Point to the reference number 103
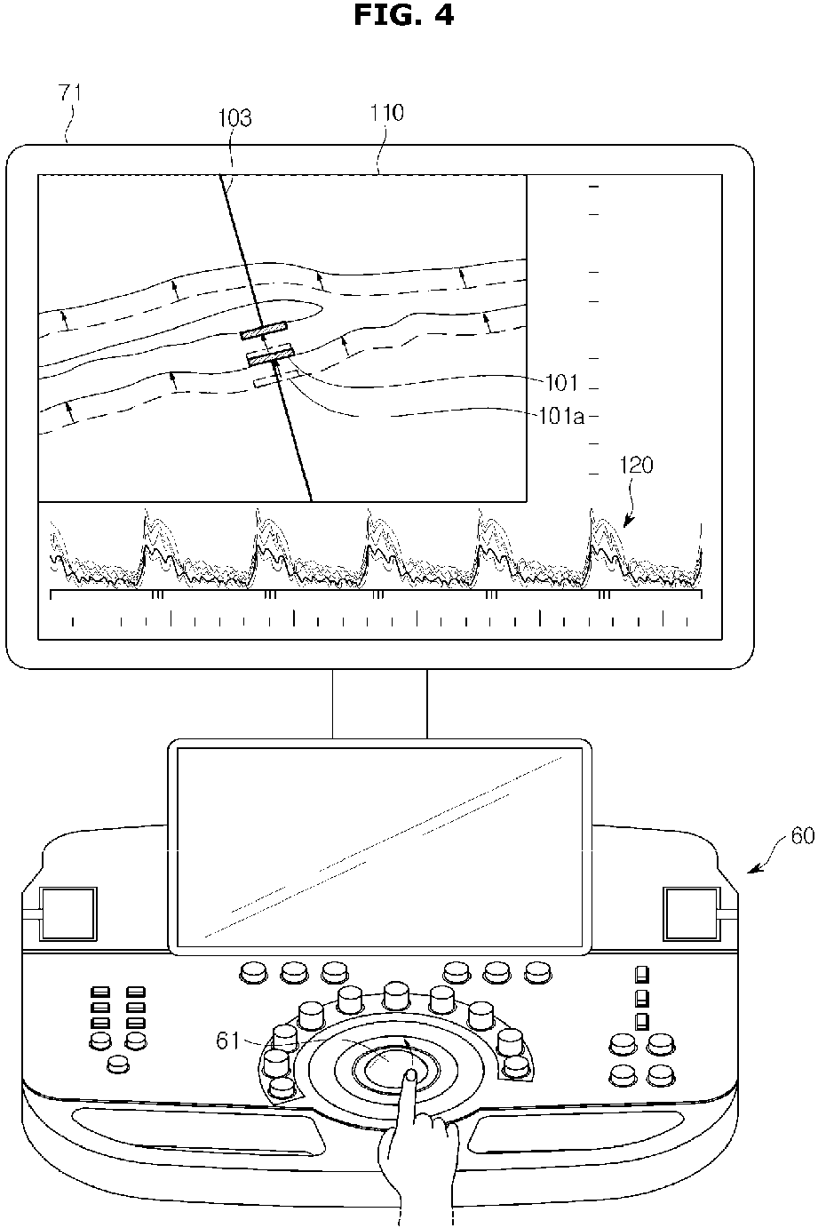(235, 117)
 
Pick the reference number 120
(639, 466)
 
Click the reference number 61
(229, 1040)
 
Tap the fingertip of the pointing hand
(411, 1076)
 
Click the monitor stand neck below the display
(379, 704)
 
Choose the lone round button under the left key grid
(116, 1064)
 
